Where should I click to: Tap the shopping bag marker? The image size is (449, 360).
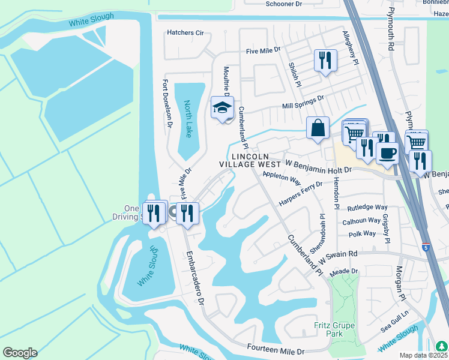pos(318,128)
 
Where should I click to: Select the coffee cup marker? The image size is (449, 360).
pos(388,152)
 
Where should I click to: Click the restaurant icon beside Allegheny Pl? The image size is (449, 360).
pos(325,60)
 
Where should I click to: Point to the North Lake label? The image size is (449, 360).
pos(188,119)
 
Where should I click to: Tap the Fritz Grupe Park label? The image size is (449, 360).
pos(334,329)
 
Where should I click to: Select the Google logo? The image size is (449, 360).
pos(20,353)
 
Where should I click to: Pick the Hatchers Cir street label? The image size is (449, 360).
pos(185,33)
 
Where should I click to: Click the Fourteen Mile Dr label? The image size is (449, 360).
pos(276,349)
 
